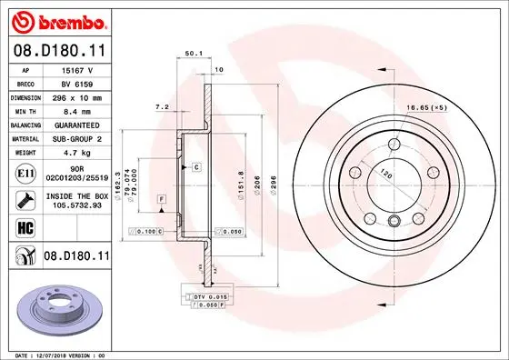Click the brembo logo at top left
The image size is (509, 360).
56,19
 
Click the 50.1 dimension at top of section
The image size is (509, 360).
193,54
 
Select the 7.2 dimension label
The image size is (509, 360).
163,107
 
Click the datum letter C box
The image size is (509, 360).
195,168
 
